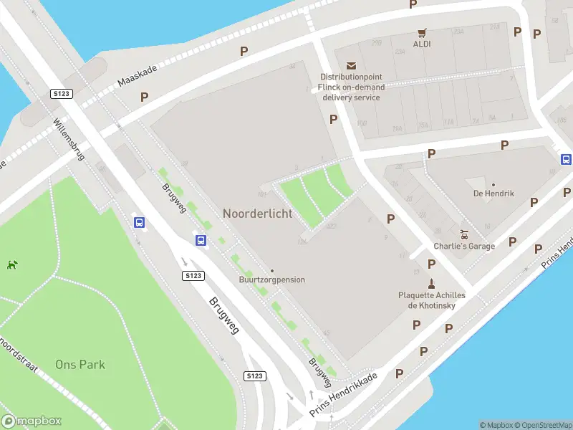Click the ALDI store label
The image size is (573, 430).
pos(422,44)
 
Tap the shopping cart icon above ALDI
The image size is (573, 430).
pos(422,32)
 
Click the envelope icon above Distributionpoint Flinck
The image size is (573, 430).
pos(351,66)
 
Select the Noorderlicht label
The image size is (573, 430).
pos(257,214)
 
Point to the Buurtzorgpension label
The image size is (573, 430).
pos(271,279)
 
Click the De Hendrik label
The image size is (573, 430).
pos(493,193)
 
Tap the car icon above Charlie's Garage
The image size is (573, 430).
pos(464,234)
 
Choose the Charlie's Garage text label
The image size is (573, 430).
pos(464,247)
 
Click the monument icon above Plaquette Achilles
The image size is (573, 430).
pos(431,283)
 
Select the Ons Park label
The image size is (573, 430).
pos(80,364)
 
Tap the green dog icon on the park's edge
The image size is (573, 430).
pos(12,264)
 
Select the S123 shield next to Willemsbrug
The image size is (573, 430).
pos(60,94)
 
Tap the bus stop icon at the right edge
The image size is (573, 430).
pos(566,159)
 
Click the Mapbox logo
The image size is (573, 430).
pos(32,421)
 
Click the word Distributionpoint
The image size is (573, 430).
pos(351,77)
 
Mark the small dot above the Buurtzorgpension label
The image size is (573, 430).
pos(271,271)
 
